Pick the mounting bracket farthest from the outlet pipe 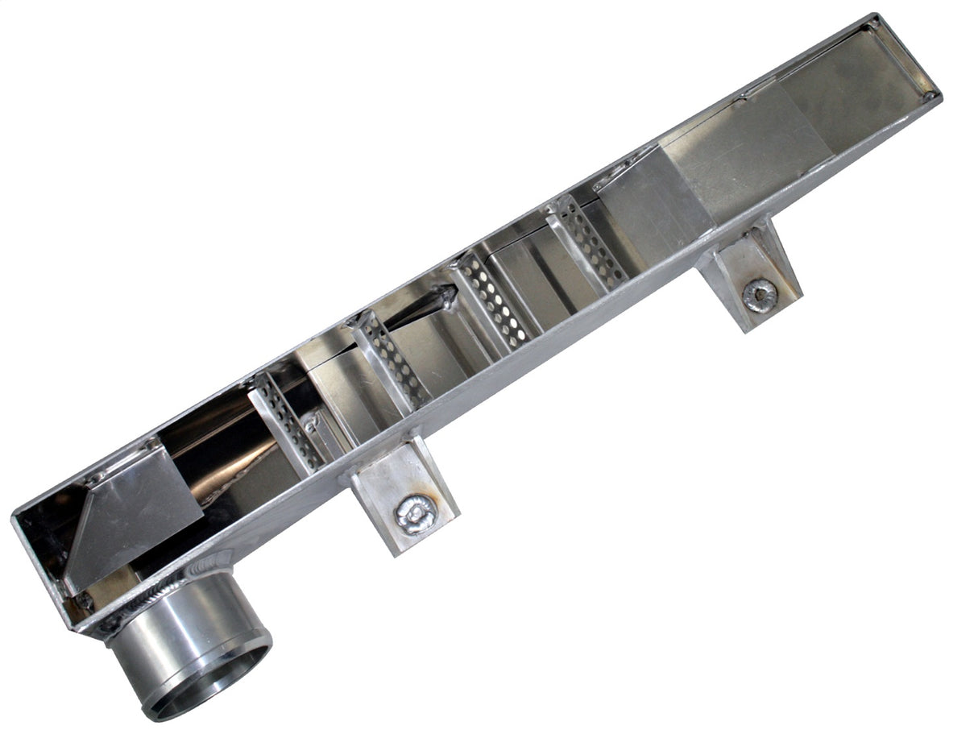coord(749,274)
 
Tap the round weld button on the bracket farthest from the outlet coord(759,295)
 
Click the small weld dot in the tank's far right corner coord(930,96)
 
